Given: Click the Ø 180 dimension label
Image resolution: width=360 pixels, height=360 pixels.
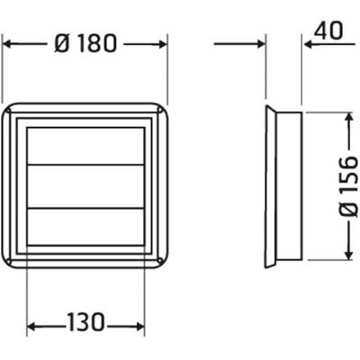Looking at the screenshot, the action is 85,43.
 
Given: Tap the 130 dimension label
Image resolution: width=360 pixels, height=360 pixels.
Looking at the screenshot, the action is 85,322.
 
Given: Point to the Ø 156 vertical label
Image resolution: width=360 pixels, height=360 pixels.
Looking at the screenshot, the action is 349,186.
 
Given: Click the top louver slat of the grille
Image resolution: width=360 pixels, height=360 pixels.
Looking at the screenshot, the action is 85,147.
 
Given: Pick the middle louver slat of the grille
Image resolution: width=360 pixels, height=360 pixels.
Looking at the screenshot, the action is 85,186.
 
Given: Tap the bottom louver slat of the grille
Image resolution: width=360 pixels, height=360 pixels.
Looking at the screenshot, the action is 85,227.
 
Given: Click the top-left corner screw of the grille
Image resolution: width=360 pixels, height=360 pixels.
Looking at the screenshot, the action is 8,112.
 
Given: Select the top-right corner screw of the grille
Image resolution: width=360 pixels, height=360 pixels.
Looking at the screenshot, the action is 160,111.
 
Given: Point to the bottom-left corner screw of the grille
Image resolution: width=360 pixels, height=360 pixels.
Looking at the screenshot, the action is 8,260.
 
